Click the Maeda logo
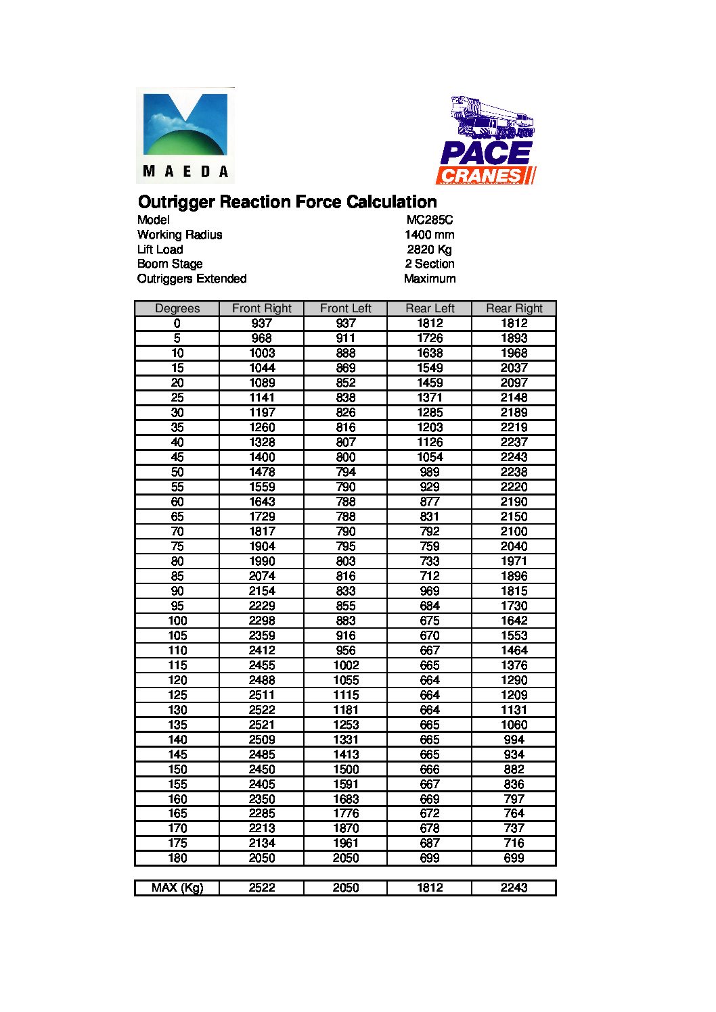185,135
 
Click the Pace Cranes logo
486,141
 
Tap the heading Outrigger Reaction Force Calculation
287,202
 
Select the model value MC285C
430,220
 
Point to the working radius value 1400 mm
430,235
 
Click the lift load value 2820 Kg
430,249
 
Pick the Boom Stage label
170,264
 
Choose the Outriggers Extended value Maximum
430,279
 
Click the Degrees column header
177,308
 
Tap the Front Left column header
346,308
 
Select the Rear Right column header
514,308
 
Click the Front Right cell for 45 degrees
262,457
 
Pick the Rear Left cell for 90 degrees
430,591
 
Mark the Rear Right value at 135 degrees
514,725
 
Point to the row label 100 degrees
177,621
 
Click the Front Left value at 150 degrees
346,769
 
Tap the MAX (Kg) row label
177,888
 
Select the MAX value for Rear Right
514,888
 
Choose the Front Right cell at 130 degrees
262,710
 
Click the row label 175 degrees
177,843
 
